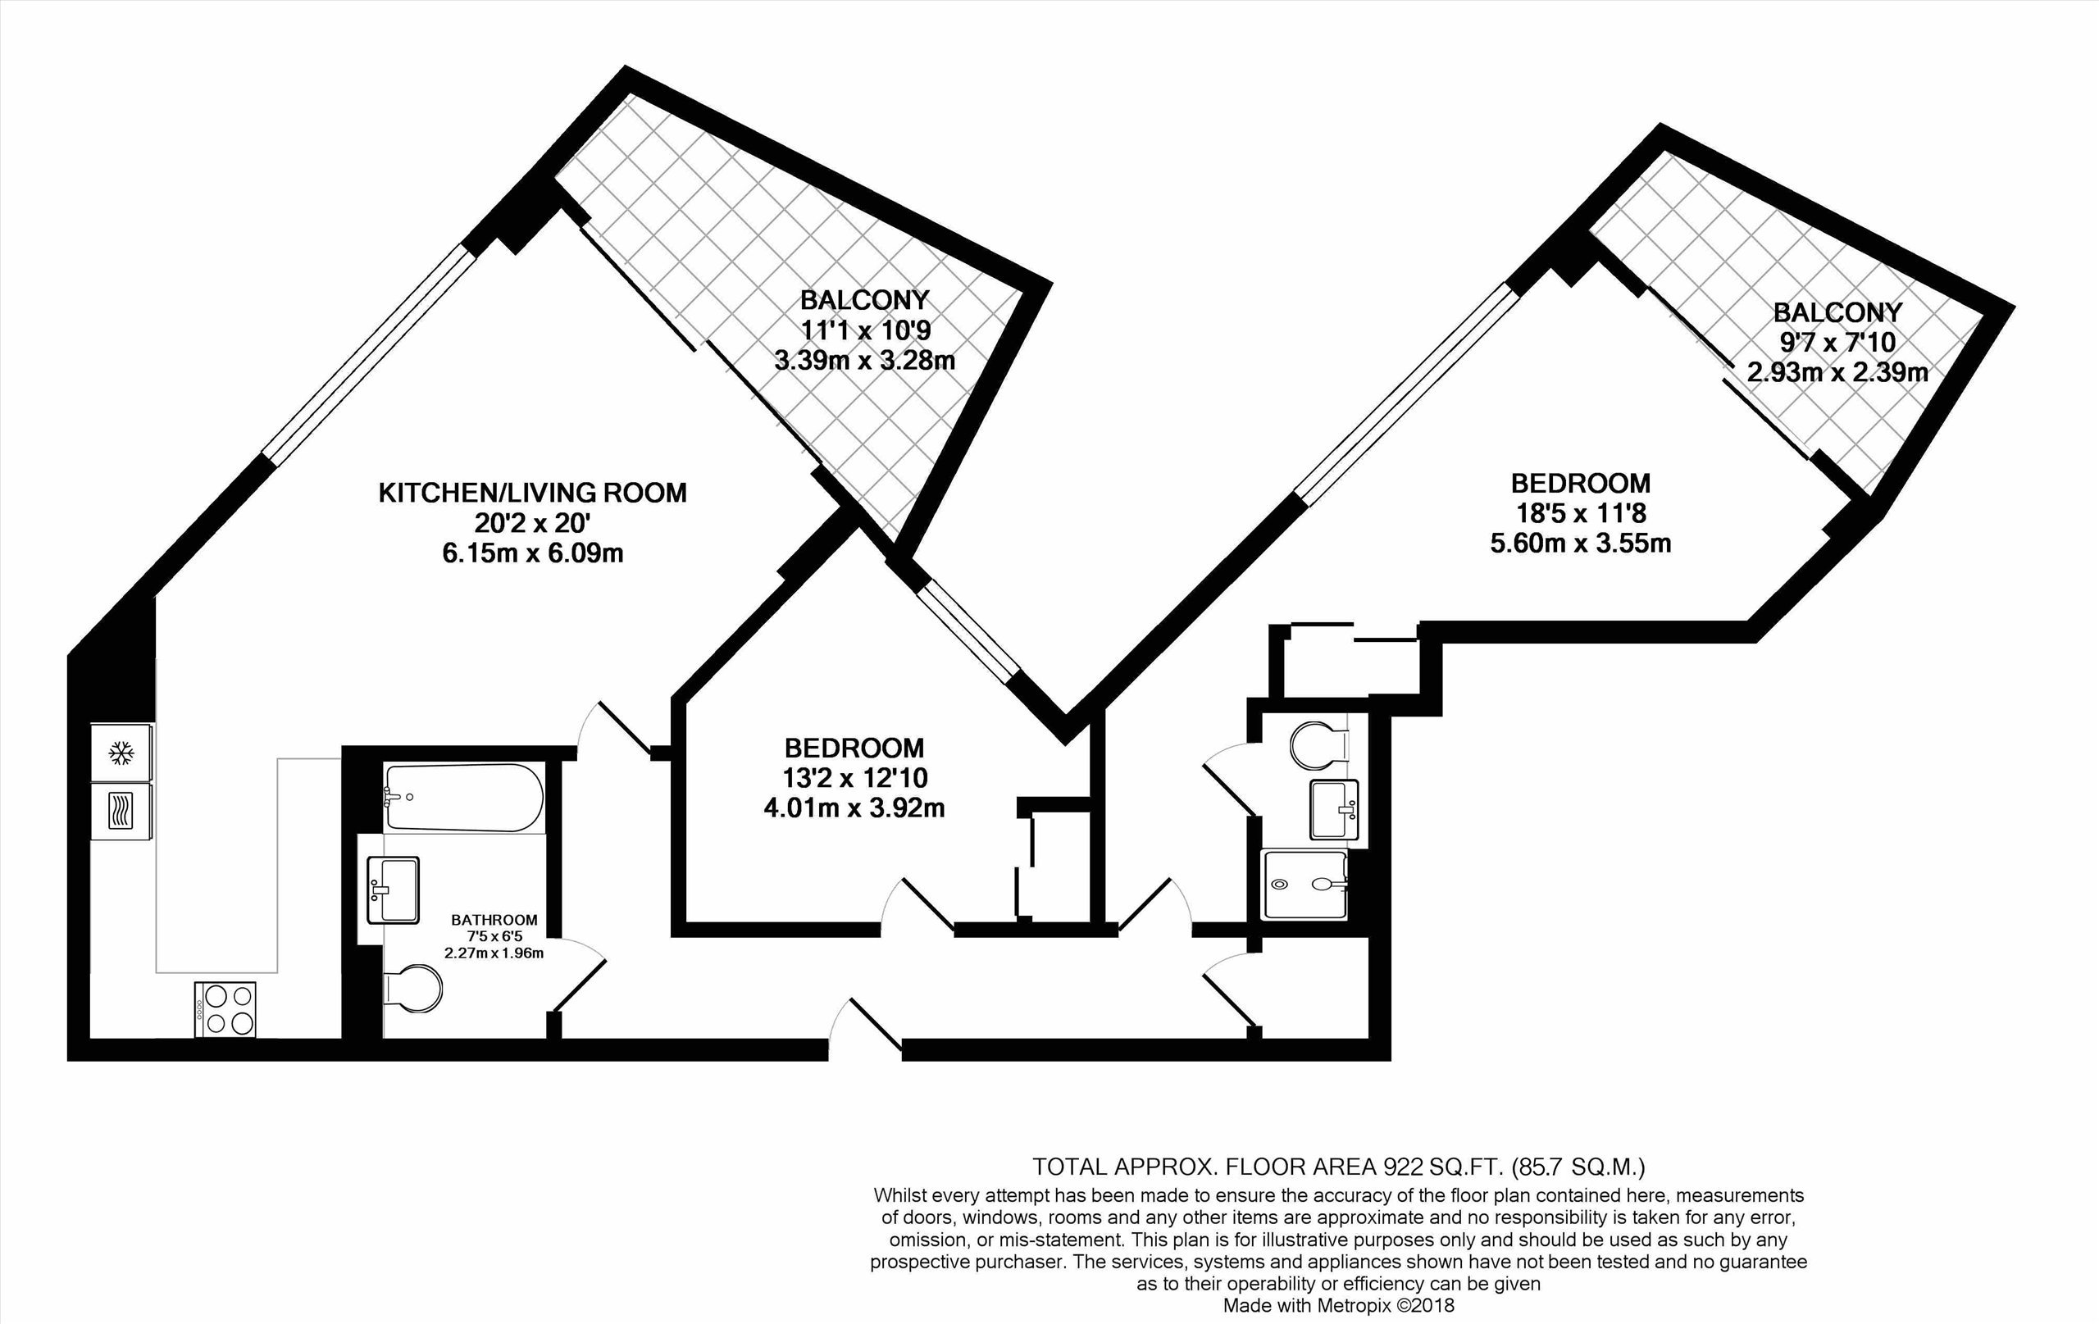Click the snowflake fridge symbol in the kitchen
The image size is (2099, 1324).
(121, 753)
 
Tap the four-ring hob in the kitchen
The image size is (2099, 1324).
(225, 1009)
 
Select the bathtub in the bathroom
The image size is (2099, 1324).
(464, 798)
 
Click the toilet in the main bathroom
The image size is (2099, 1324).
(413, 989)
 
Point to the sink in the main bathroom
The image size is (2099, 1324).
(393, 889)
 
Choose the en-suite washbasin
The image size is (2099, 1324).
(1335, 810)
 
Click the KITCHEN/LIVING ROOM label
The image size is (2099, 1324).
(533, 494)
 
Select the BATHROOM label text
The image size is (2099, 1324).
(494, 920)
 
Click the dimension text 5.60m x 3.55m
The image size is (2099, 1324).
(1580, 544)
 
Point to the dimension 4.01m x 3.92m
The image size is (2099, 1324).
(854, 808)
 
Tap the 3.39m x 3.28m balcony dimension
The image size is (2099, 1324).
(865, 360)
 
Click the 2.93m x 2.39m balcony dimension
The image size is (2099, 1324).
(1837, 372)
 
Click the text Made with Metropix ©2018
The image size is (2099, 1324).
(1339, 1306)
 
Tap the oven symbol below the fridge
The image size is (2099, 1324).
(121, 810)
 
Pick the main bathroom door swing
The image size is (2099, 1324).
(577, 975)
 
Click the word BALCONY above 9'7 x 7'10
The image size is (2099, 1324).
(1837, 312)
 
